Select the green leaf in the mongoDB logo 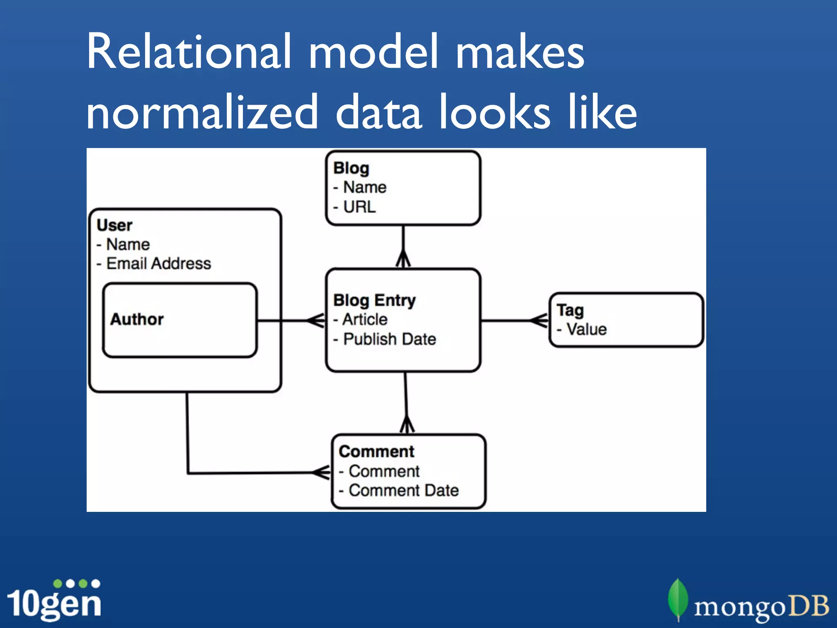pos(678,598)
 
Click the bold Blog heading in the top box pos(351,168)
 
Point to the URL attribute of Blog pos(359,207)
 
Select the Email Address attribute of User pos(158,264)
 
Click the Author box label pos(137,319)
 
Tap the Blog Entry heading pos(374,301)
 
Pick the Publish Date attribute pos(389,339)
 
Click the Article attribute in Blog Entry pos(365,319)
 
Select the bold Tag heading pos(570,310)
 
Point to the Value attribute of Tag pos(586,330)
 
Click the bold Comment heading pos(376,452)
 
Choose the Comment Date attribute pos(403,490)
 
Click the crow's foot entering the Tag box pos(539,321)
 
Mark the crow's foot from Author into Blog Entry pos(316,321)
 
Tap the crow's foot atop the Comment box pos(407,425)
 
